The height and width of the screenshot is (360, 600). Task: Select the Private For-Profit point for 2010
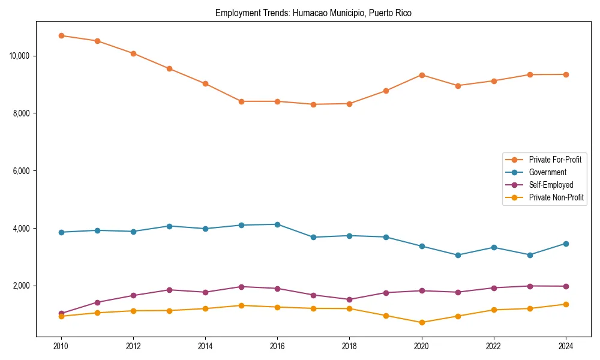[61, 35]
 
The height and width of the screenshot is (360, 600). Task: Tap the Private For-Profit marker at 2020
[422, 75]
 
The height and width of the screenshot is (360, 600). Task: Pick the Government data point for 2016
[277, 224]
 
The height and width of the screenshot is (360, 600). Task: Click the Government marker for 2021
[458, 255]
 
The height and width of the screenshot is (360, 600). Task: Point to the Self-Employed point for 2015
[241, 287]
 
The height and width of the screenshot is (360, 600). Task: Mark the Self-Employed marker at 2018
[349, 299]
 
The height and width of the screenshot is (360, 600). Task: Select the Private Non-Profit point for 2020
[422, 322]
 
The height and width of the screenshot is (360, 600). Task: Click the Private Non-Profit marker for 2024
[566, 304]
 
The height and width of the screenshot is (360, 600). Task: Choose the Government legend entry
[547, 172]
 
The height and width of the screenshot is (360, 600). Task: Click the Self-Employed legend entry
[551, 185]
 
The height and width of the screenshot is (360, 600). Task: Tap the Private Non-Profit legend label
[556, 197]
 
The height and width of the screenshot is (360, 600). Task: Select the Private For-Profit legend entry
[554, 160]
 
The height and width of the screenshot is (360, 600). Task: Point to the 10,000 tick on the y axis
[20, 56]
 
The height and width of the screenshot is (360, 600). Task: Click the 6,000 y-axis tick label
[22, 171]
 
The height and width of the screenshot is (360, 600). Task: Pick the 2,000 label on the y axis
[22, 286]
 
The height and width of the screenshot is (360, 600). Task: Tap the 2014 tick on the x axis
[205, 346]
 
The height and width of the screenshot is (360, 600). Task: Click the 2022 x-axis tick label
[494, 346]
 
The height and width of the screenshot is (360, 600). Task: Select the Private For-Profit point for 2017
[313, 104]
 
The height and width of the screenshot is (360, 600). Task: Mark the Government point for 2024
[566, 244]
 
